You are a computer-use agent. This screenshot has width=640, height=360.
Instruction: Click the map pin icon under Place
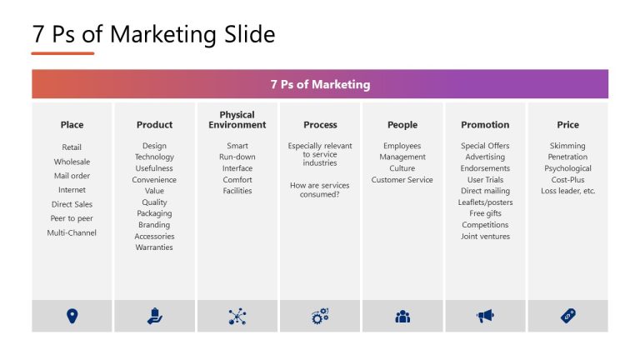(x=72, y=316)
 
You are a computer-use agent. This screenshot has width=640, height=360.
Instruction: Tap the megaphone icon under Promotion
(x=485, y=316)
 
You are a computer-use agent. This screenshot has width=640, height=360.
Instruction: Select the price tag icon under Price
(x=567, y=316)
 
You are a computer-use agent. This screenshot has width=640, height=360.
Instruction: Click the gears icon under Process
(x=320, y=316)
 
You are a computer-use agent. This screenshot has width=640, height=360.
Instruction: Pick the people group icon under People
(x=402, y=316)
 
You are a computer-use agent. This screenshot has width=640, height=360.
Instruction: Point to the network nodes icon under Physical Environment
(x=237, y=316)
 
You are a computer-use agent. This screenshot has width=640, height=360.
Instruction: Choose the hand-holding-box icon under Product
(x=154, y=316)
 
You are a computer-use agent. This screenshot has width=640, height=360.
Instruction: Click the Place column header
(x=72, y=125)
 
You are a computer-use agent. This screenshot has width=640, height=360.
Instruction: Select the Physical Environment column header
(x=237, y=120)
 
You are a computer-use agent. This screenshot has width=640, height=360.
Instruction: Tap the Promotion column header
(x=485, y=125)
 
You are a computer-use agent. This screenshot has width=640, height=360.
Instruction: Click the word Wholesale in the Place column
(x=72, y=162)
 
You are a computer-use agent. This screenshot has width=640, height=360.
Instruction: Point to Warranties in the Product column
(x=154, y=247)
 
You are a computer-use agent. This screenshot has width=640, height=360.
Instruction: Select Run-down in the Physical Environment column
(x=237, y=157)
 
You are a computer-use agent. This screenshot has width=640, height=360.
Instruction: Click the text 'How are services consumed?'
(x=320, y=190)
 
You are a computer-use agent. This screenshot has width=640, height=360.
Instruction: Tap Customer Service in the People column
(x=402, y=180)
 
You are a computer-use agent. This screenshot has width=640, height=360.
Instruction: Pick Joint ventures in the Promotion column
(x=485, y=237)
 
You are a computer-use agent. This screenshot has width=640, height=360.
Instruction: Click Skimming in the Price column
(x=567, y=146)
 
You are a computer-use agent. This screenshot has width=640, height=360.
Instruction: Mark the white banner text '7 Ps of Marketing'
(x=320, y=85)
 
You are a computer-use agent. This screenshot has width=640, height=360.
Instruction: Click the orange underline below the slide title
(x=62, y=53)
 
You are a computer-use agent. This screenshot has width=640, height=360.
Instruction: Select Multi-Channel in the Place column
(x=72, y=232)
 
